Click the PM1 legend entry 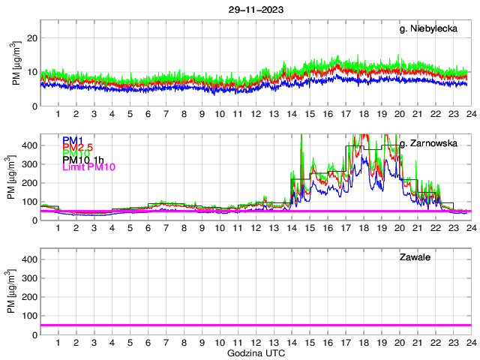[x=73, y=140]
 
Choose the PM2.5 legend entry [x=78, y=150]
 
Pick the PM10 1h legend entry [x=82, y=160]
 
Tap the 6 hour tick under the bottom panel [x=148, y=343]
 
